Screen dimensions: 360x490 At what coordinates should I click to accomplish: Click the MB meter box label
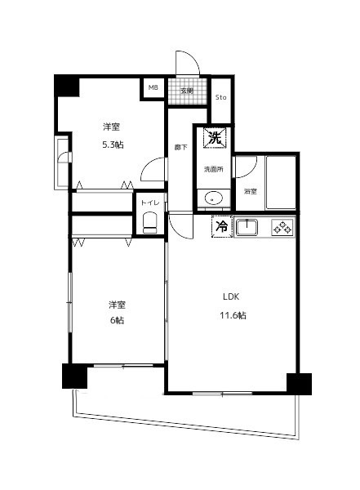click(x=153, y=88)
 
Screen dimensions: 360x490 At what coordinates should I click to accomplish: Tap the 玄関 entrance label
click(x=187, y=91)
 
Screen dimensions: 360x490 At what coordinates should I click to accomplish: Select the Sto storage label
click(x=221, y=97)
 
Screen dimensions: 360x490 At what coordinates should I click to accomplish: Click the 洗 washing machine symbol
click(x=214, y=137)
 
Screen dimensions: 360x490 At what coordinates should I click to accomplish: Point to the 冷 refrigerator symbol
click(x=222, y=226)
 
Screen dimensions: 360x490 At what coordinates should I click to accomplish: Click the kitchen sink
click(x=247, y=227)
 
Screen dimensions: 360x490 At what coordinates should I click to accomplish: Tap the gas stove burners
click(x=282, y=227)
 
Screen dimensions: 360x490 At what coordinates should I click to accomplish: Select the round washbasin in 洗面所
click(x=213, y=198)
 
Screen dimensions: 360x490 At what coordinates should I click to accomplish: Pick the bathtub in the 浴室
click(x=281, y=182)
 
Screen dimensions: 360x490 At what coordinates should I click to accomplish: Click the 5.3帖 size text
click(x=113, y=145)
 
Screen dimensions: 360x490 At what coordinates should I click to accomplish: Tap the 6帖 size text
click(x=117, y=320)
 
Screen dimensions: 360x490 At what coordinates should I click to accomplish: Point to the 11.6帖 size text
click(x=233, y=315)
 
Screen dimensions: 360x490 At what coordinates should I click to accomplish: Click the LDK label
click(x=231, y=296)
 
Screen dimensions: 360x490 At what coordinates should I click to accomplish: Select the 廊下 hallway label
click(x=180, y=148)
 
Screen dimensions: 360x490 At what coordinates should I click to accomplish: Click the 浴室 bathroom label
click(x=251, y=192)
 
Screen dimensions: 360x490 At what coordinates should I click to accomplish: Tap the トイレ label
click(x=150, y=203)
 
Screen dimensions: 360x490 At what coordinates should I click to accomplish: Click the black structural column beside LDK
click(x=299, y=384)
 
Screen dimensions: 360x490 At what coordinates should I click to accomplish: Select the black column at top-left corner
click(x=67, y=85)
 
